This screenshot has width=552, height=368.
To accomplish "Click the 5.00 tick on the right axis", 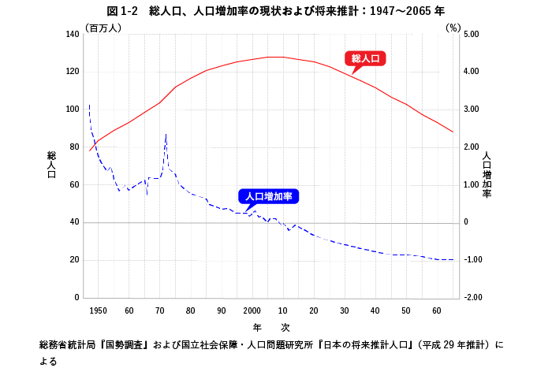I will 472,35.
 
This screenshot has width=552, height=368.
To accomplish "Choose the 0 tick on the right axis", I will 465,222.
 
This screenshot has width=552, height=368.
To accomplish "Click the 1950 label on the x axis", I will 98,310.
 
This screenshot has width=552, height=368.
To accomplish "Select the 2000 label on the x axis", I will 252,310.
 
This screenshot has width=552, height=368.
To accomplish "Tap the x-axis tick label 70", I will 159,310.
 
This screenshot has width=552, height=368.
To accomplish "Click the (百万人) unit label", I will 103,28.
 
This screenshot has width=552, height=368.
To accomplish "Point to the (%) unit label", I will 453,28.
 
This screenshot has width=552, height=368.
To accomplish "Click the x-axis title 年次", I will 272,326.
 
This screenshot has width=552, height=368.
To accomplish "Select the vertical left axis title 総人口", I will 52,165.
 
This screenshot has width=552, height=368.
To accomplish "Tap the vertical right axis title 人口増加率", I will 487,174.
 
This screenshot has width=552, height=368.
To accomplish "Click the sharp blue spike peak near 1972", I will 166,134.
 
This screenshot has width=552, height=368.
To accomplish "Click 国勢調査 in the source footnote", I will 125,345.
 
